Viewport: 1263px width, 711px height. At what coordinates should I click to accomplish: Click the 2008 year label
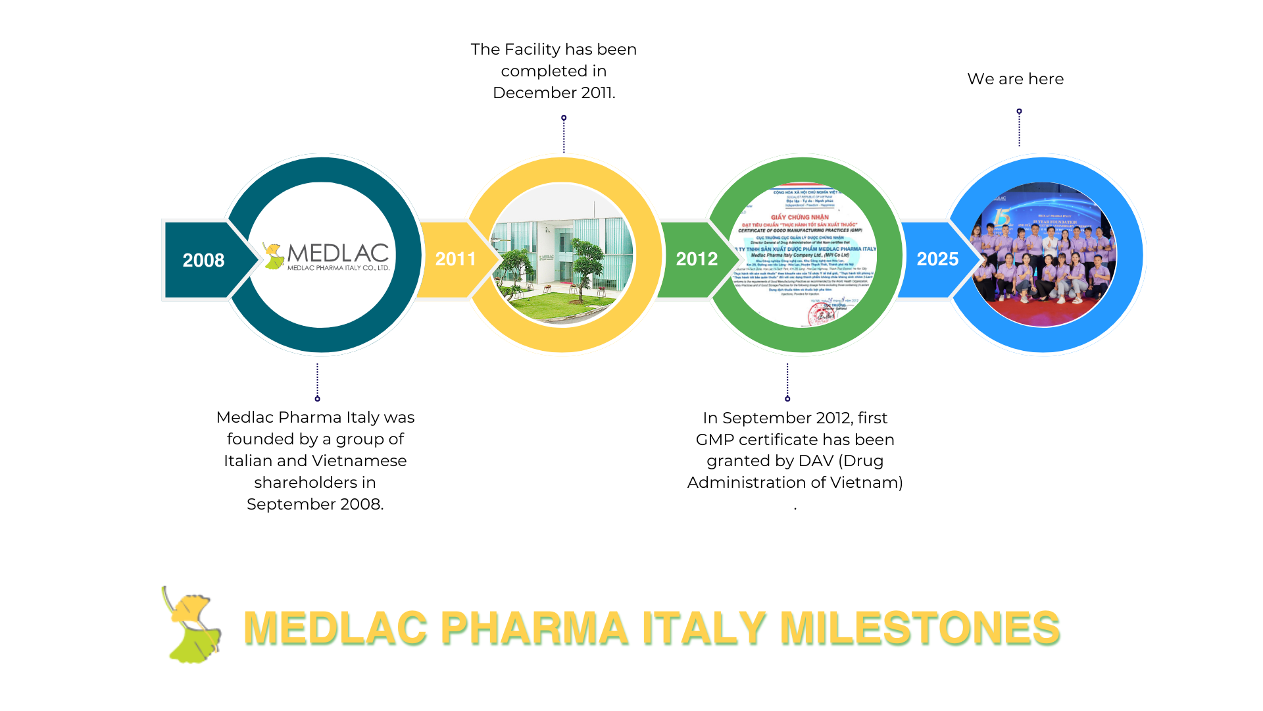(x=203, y=260)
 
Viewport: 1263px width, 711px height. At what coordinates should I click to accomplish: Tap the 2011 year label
(x=455, y=259)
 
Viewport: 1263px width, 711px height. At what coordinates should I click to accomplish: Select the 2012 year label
(x=697, y=259)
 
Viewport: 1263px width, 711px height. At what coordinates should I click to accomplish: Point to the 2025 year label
(x=937, y=259)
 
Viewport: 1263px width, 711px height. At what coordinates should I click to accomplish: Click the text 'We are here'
(x=1015, y=79)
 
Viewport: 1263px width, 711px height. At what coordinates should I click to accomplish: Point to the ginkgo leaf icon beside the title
(x=191, y=625)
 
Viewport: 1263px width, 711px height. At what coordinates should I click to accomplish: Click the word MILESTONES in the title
(x=920, y=627)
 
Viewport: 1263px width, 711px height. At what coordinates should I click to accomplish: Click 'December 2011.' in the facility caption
(x=554, y=93)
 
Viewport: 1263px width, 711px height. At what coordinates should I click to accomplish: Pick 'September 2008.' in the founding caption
(x=315, y=504)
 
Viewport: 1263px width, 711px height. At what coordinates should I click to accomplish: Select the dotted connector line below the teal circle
(x=318, y=381)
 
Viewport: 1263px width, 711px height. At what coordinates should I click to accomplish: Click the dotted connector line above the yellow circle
(x=564, y=135)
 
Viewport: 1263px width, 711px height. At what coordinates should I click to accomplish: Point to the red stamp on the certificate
(x=821, y=314)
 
